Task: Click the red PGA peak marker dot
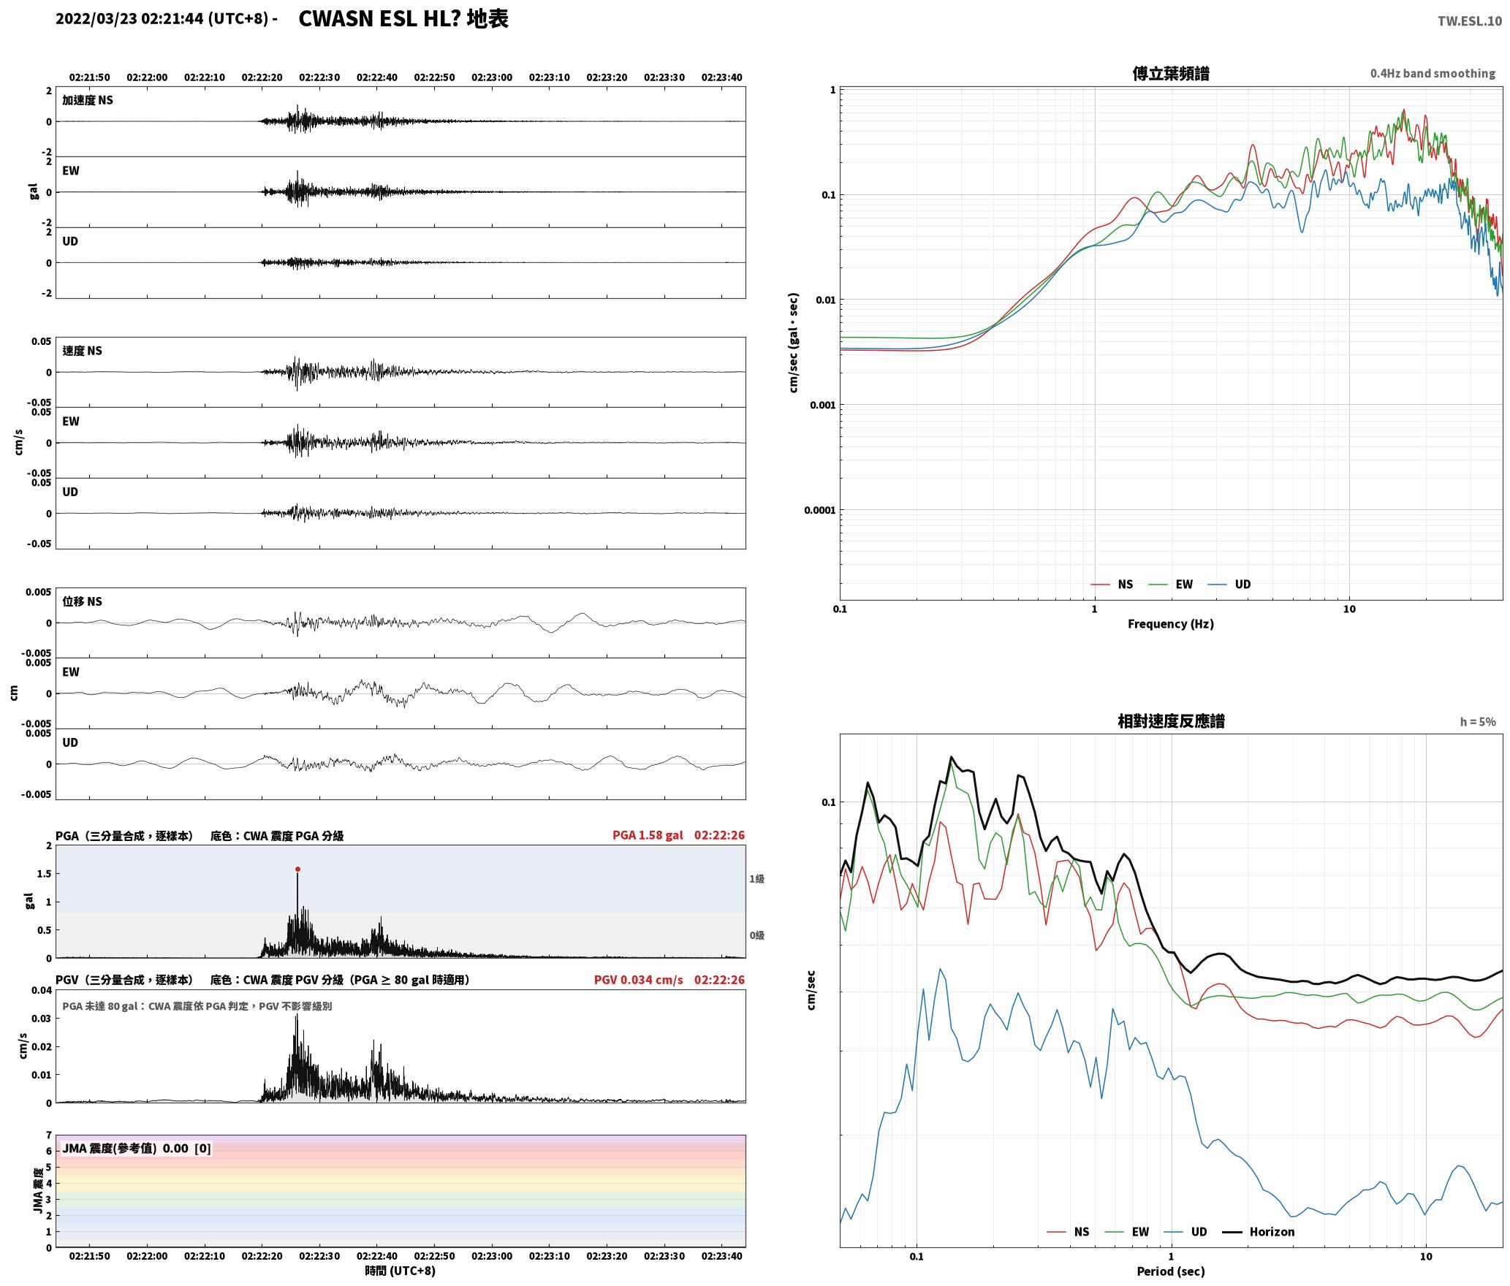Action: [x=297, y=869]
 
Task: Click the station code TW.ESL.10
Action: [x=1469, y=21]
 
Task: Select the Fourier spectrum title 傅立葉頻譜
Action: [x=1170, y=74]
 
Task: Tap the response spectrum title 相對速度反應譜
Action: [x=1171, y=721]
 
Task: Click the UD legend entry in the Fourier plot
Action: [x=1229, y=584]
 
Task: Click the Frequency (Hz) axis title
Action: [x=1170, y=623]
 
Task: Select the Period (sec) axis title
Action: [x=1170, y=1271]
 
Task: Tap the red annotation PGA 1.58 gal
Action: [x=648, y=834]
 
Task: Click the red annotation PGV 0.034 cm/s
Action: [x=638, y=979]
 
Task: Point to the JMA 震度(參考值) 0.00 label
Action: [x=125, y=1148]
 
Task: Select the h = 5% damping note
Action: [x=1478, y=722]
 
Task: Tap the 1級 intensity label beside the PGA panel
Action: [x=756, y=878]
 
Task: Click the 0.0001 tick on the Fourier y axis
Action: [x=819, y=510]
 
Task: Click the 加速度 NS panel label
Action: [x=88, y=100]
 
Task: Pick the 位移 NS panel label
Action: [x=82, y=601]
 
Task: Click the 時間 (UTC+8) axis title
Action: [x=400, y=1271]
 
